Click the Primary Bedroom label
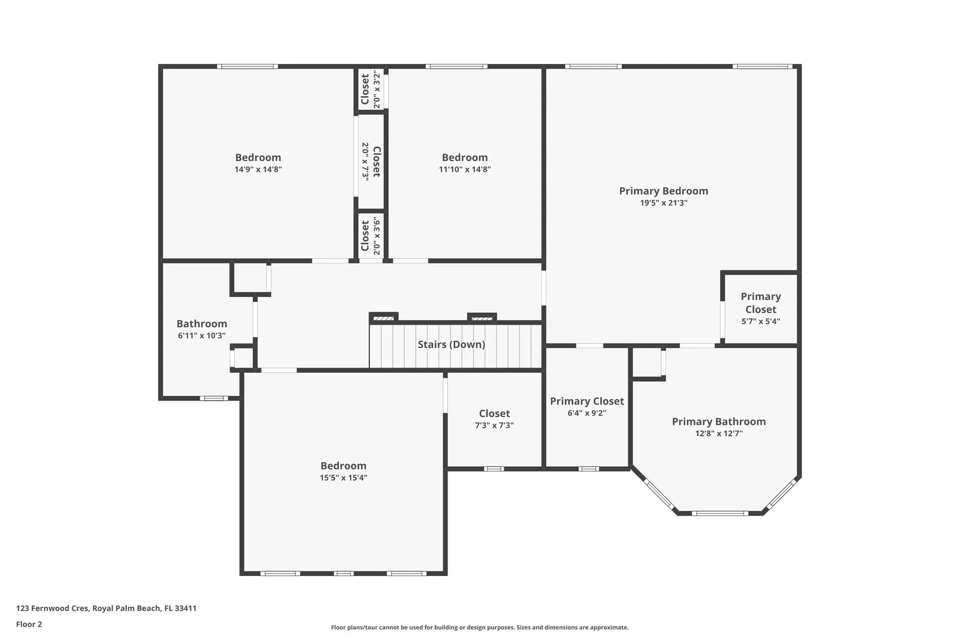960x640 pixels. click(664, 191)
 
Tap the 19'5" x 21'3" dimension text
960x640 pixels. click(664, 203)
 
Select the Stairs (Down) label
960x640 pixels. click(452, 344)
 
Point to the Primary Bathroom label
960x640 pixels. click(719, 422)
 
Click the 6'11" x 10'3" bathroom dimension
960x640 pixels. click(201, 335)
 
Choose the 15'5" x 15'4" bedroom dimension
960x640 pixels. click(343, 478)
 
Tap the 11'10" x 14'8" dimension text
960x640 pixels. click(465, 169)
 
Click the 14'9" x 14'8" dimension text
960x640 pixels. click(258, 169)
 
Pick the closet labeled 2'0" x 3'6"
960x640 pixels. click(370, 236)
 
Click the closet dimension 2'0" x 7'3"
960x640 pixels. click(366, 162)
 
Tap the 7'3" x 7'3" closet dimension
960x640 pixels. click(494, 425)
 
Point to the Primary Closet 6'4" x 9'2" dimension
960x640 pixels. click(587, 413)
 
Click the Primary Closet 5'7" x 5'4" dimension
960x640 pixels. click(761, 321)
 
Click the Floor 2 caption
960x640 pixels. click(29, 624)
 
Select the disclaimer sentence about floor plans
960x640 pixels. click(479, 628)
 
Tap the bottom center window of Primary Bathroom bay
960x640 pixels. click(720, 513)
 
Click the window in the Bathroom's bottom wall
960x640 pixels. click(214, 398)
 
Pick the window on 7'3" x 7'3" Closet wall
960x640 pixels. click(494, 469)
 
